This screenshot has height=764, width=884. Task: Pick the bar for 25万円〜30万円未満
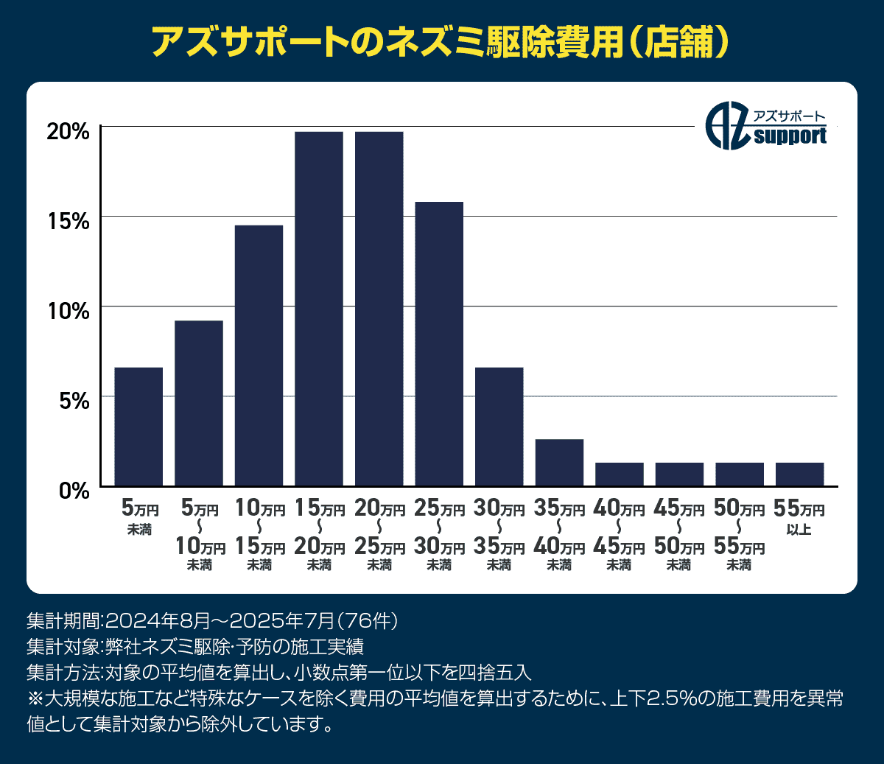pyautogui.click(x=439, y=343)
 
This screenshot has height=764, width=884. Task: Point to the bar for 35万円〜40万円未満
pyautogui.click(x=559, y=462)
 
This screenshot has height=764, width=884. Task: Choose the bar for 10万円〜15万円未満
pyautogui.click(x=259, y=355)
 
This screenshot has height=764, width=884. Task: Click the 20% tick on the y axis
pyautogui.click(x=68, y=131)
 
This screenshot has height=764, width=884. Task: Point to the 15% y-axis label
pyautogui.click(x=68, y=221)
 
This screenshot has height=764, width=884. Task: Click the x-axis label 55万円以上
pyautogui.click(x=799, y=517)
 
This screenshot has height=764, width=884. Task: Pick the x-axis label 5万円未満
pyautogui.click(x=138, y=517)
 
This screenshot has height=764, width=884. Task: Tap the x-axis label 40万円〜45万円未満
pyautogui.click(x=619, y=536)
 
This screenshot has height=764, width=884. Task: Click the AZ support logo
pyautogui.click(x=766, y=126)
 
